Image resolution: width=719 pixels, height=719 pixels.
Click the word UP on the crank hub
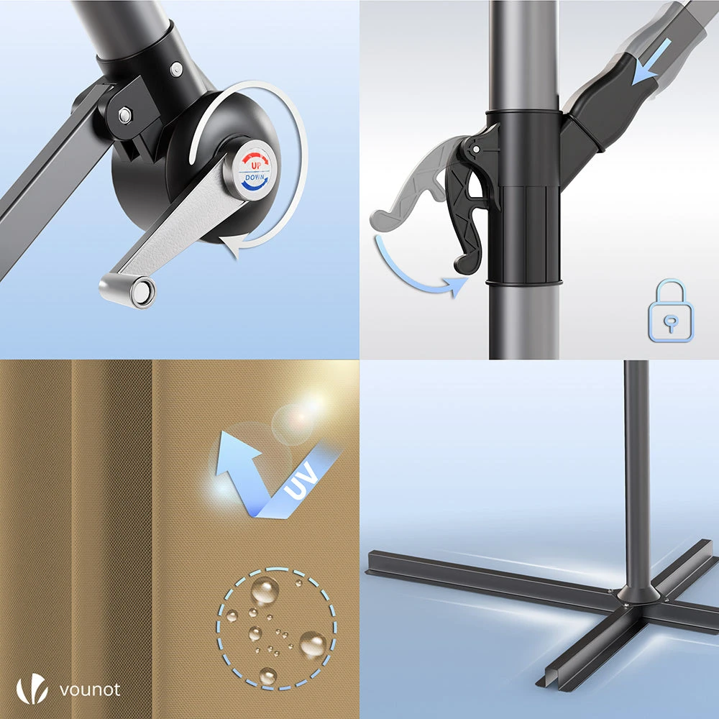[x=256, y=165]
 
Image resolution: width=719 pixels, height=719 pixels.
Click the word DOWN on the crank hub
[x=255, y=177]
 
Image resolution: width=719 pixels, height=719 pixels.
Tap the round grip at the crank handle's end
[x=128, y=290]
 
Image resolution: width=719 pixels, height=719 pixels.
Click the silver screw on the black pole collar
[x=177, y=69]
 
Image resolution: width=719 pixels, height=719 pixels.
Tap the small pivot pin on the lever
[x=476, y=149]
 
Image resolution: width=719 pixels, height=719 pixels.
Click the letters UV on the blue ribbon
[x=301, y=480]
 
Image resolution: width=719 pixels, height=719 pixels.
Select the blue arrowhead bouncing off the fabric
[x=236, y=452]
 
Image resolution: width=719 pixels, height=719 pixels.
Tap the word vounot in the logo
[x=90, y=690]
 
